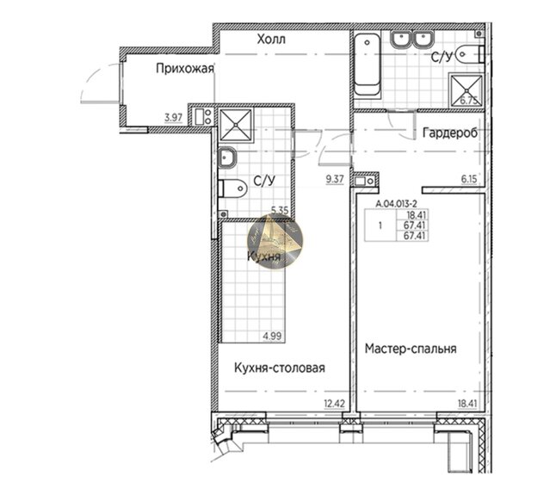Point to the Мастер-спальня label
tap(410, 349)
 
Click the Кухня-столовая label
tap(279, 368)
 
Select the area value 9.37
tap(334, 179)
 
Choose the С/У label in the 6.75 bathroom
tap(442, 59)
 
